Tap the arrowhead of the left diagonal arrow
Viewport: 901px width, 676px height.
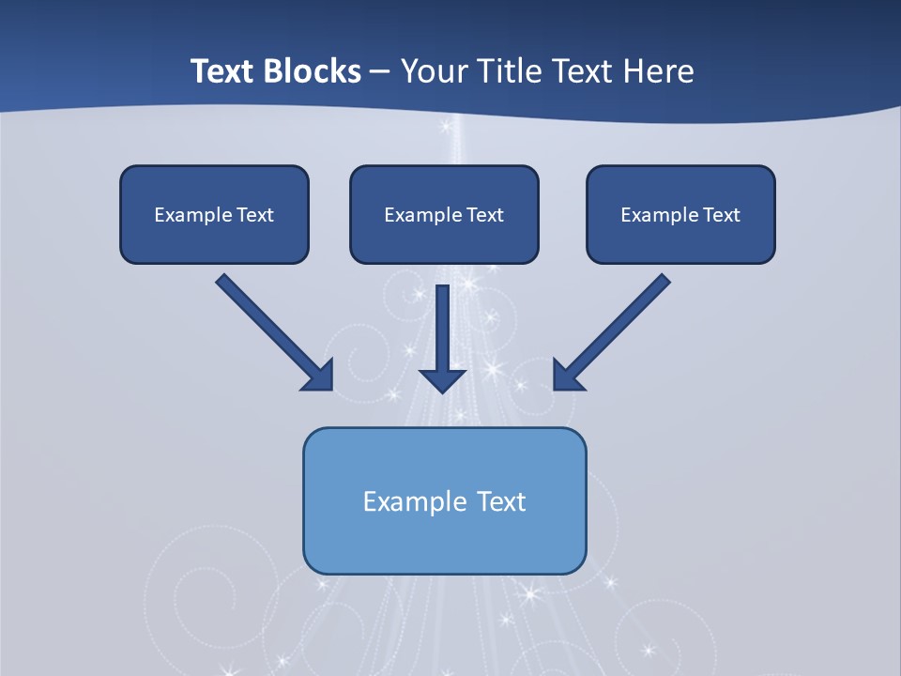pos(319,376)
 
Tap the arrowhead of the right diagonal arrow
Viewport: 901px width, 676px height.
pos(568,376)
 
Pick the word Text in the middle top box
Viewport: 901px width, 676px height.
pos(484,215)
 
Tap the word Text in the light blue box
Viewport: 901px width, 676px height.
pos(502,501)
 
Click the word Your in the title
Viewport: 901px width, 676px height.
pos(433,71)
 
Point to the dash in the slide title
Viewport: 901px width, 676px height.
pos(380,72)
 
